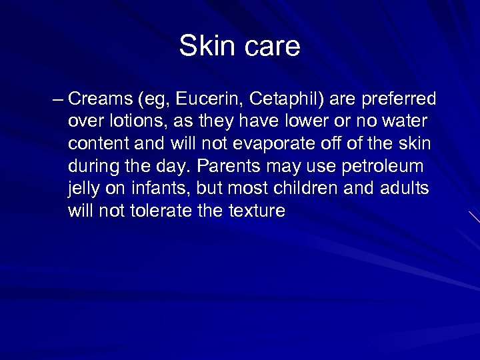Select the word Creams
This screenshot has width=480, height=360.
click(100, 100)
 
